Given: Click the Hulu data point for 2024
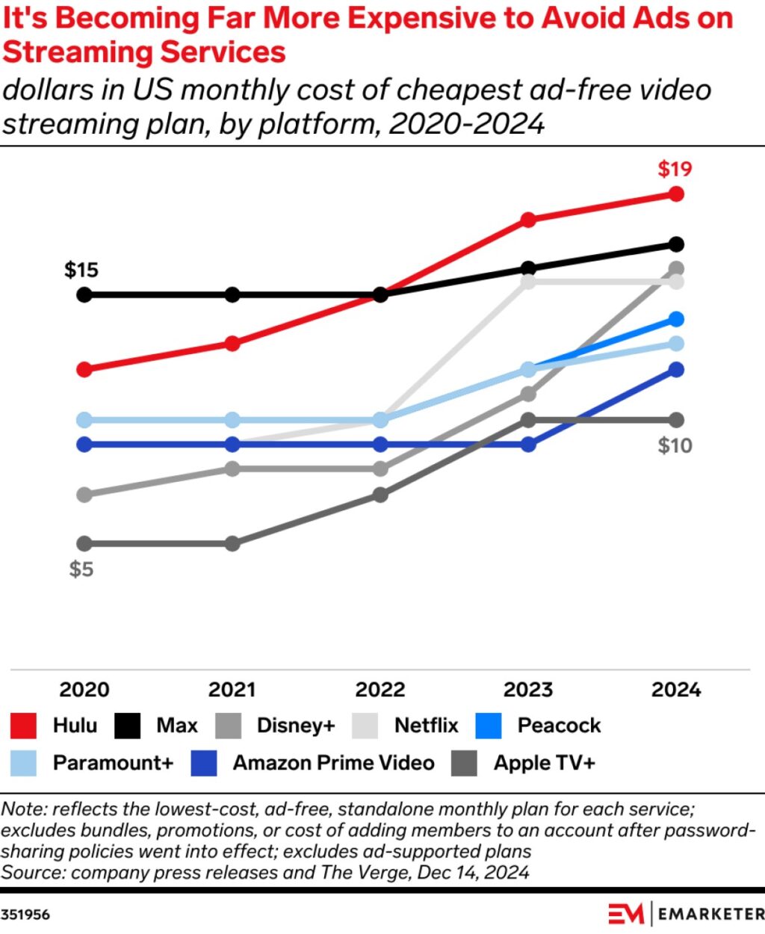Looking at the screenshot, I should coord(676,194).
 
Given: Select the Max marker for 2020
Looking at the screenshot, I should coord(84,295).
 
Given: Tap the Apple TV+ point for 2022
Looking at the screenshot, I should coord(380,495).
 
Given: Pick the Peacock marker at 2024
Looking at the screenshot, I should coord(676,320).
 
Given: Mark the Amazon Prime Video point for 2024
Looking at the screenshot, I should coord(676,370).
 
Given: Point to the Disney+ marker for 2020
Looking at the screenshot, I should coord(84,495).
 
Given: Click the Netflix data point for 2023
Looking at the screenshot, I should coord(528,282).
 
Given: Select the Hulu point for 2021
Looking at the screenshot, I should coord(232,344).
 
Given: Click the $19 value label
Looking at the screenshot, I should coord(675,169).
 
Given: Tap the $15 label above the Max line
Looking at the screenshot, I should coord(81,270).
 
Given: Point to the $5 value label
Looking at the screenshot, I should coord(81,569).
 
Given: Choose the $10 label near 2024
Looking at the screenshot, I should coord(675,446).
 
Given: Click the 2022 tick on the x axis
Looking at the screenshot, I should coord(380,689).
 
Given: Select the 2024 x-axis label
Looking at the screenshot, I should coord(676,689).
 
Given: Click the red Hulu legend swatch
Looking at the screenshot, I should coord(24,726).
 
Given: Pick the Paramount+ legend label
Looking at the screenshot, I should coord(113,763).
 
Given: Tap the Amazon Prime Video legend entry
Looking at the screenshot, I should coord(333,763).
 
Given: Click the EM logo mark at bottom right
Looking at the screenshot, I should coord(626,914).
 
